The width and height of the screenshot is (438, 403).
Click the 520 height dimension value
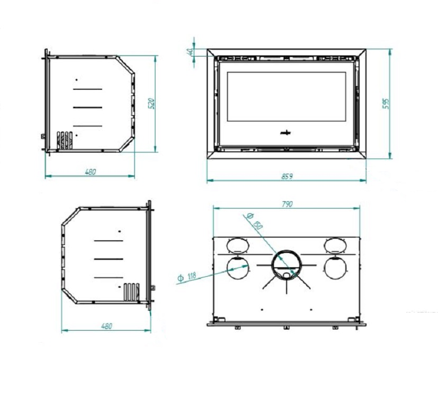(x=151, y=104)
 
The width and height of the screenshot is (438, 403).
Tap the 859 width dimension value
(x=287, y=176)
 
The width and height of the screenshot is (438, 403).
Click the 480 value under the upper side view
(x=90, y=172)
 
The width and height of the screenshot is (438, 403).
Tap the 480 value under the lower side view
(x=106, y=326)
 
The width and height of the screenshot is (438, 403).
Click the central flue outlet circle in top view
(x=286, y=263)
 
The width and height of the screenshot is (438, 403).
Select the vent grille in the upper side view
(x=65, y=140)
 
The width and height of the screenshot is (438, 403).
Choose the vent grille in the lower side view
(x=131, y=292)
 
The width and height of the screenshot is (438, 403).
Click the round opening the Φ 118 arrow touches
(x=237, y=268)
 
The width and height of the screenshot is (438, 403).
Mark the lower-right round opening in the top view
(x=335, y=268)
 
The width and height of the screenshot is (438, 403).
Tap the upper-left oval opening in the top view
(x=237, y=246)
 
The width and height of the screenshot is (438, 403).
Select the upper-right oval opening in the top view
(x=335, y=246)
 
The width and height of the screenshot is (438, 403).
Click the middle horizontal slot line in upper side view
(x=88, y=107)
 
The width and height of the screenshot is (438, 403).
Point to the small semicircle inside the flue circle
(x=286, y=274)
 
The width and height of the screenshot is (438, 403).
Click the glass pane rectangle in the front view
(x=286, y=96)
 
